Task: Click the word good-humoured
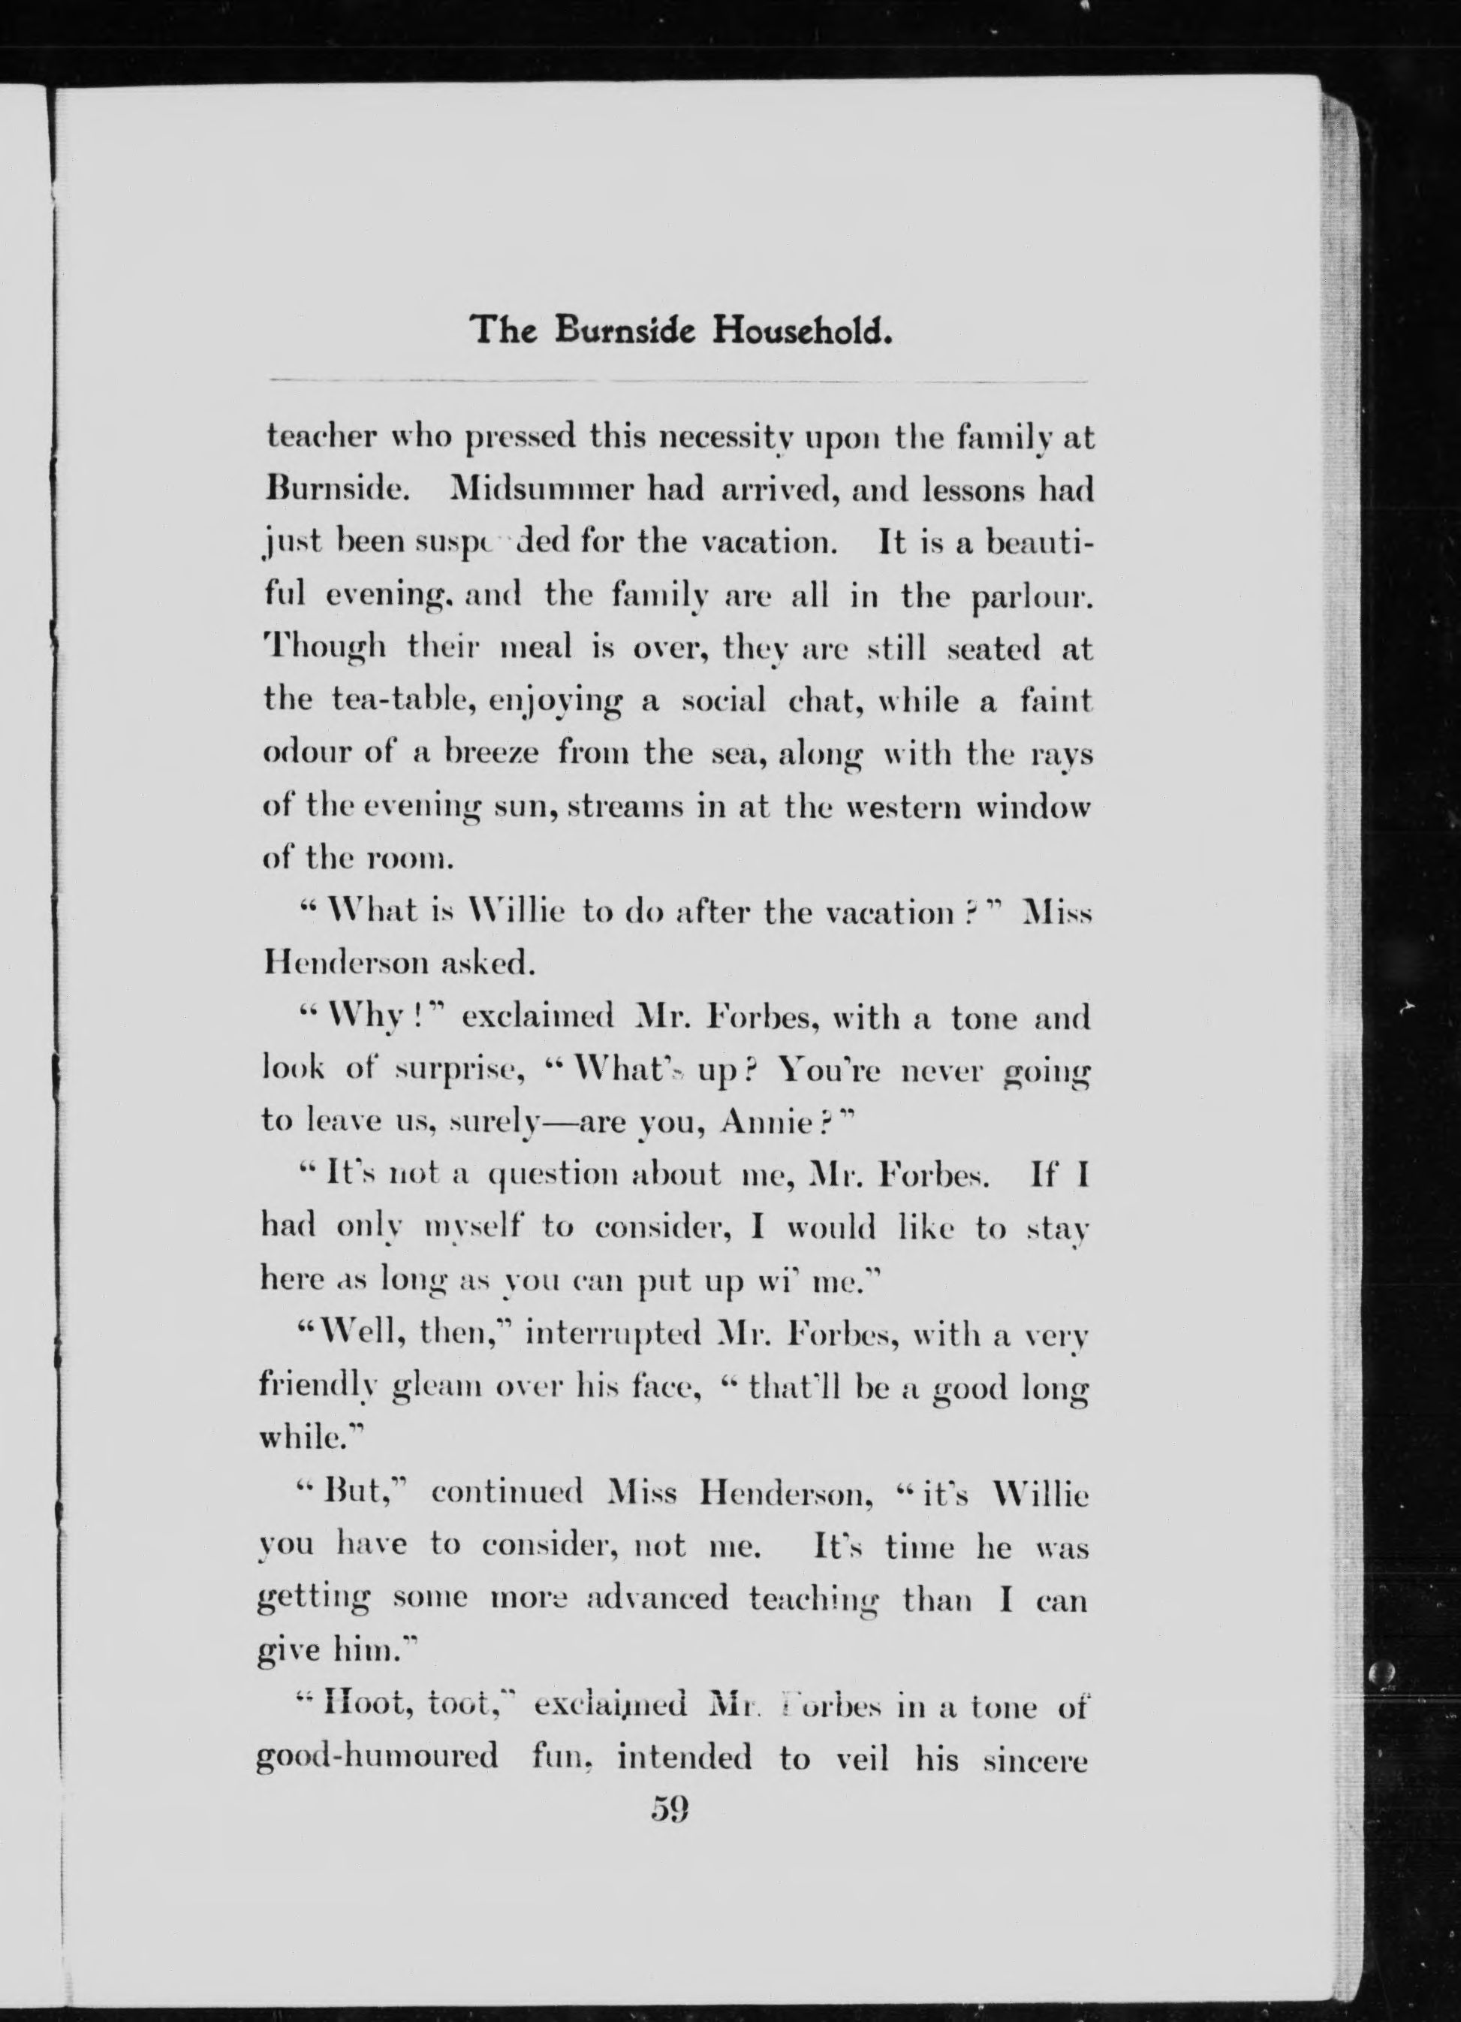[x=377, y=1756]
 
